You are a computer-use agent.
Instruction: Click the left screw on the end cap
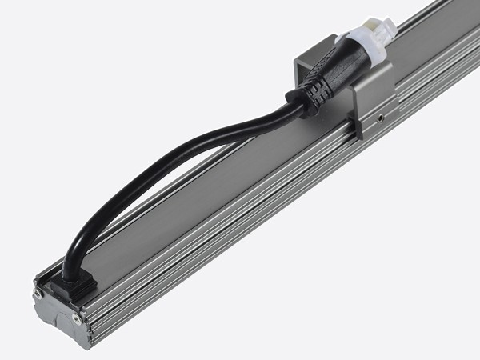38,295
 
